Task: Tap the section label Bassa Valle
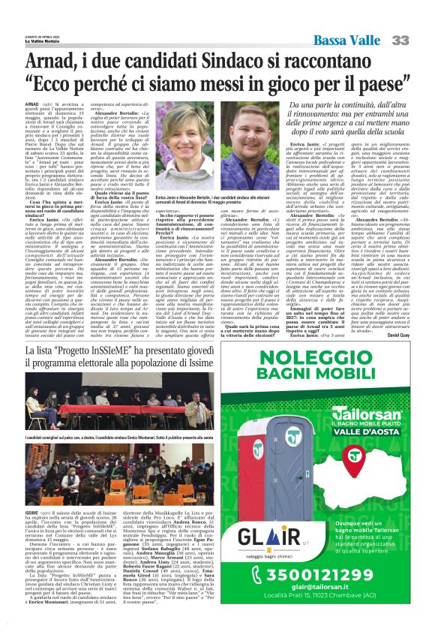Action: [347, 40]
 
